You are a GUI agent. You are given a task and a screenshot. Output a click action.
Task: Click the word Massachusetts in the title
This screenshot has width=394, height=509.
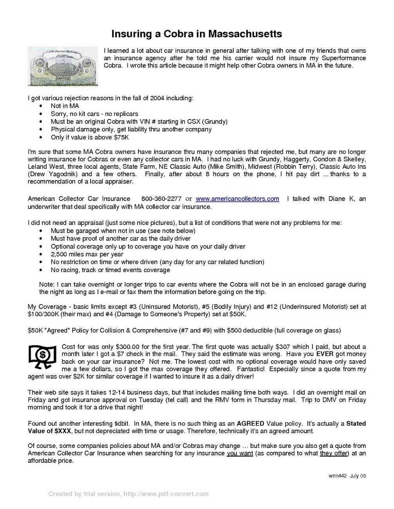point(244,34)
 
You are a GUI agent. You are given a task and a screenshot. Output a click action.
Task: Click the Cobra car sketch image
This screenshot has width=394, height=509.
point(63,66)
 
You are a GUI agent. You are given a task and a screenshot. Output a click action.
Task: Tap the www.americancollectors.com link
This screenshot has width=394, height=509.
point(237,199)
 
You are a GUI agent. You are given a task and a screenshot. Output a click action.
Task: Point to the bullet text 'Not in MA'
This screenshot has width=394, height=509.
point(65,106)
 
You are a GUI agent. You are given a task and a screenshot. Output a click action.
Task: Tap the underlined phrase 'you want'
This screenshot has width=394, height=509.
point(240,453)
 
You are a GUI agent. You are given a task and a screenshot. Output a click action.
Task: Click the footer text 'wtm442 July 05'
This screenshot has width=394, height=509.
point(347,476)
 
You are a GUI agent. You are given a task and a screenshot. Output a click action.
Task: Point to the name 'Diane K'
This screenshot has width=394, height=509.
point(343,199)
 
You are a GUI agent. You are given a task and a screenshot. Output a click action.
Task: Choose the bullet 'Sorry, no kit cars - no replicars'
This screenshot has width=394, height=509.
point(94,114)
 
